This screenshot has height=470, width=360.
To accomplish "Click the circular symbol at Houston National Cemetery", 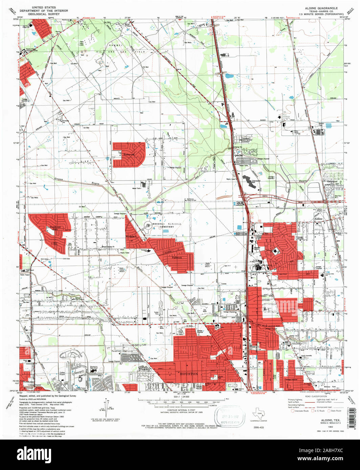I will (149, 225).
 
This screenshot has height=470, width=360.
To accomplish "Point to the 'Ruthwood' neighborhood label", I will (128, 155).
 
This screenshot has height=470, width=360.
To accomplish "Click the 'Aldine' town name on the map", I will (319, 219).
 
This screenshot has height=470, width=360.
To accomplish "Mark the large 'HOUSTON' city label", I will (188, 374).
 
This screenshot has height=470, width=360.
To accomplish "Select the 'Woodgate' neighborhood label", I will (131, 236).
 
